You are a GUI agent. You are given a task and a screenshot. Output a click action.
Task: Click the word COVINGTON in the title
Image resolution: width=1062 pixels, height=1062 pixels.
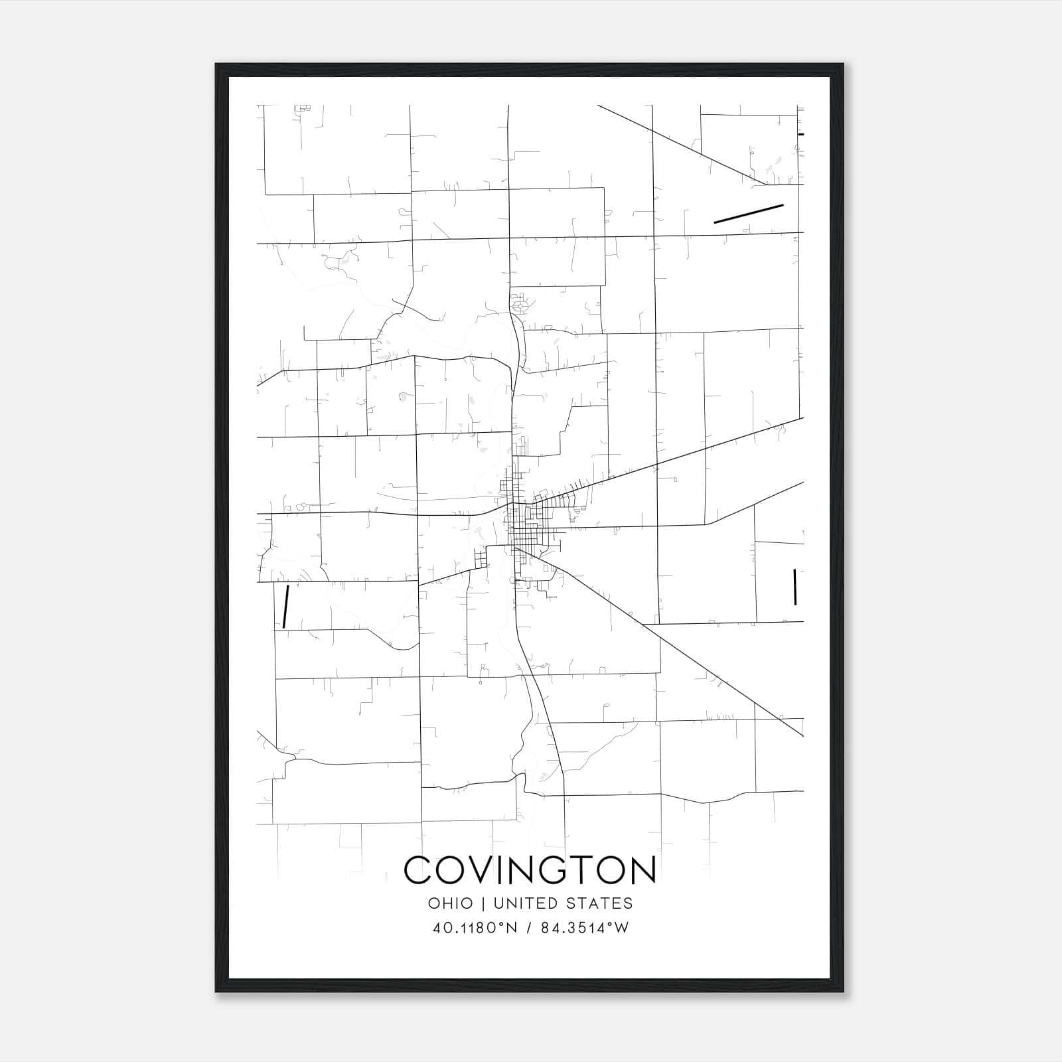[x=530, y=870]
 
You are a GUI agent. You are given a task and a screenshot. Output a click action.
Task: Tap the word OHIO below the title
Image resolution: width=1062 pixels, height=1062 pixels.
[x=451, y=903]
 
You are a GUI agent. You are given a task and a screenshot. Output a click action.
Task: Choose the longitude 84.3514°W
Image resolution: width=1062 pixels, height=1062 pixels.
[x=584, y=928]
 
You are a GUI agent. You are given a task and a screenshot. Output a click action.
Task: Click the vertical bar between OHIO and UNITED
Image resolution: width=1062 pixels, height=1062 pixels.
[x=483, y=903]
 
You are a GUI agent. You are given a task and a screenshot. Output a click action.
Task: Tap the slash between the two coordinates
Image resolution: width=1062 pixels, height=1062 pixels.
[x=529, y=928]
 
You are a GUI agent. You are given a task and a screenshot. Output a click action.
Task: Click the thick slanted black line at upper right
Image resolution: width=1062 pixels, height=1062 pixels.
[x=749, y=214]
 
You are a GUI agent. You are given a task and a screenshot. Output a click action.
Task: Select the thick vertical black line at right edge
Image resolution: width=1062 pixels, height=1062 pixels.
[x=795, y=587]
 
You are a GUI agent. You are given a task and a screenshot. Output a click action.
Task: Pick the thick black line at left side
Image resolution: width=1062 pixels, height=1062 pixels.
[x=285, y=606]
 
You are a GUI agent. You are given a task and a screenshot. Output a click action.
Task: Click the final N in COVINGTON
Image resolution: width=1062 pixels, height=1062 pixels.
[x=641, y=870]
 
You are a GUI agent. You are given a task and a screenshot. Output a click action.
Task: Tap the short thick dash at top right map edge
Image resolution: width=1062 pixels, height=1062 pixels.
[x=801, y=134]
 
